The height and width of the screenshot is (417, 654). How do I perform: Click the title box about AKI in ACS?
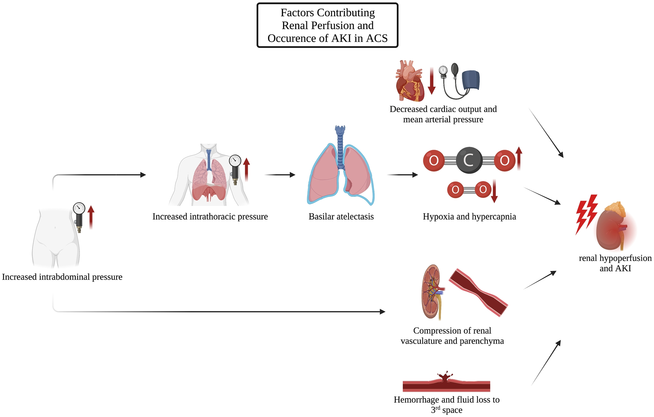[x=327, y=25]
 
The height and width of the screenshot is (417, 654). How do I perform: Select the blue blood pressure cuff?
[x=471, y=80]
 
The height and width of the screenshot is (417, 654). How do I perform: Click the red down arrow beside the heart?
[x=432, y=81]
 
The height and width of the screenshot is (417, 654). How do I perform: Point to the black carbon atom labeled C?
[x=469, y=160]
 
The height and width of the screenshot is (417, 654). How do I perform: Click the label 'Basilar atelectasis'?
[x=341, y=216]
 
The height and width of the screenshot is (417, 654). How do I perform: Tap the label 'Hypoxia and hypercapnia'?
[x=469, y=216]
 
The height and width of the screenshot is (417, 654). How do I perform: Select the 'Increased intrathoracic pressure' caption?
[x=210, y=216]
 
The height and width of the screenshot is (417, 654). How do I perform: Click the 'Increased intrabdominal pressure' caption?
[x=62, y=277]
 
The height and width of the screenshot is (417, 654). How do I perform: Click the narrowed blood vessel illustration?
[x=478, y=292]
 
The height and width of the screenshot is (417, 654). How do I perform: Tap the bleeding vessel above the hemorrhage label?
[x=446, y=383]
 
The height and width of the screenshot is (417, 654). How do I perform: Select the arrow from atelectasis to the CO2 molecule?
[x=402, y=175]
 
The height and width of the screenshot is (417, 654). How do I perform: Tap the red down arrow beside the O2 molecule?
[x=494, y=191]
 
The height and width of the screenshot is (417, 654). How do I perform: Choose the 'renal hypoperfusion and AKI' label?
[x=615, y=263]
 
